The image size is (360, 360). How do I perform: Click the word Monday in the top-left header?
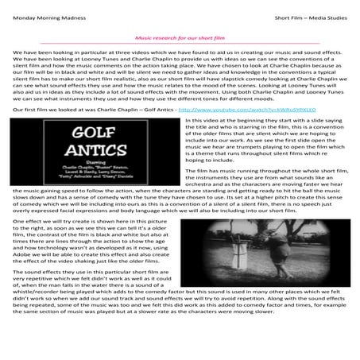coord(25,9)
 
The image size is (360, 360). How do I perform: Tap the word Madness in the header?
coord(82,9)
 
